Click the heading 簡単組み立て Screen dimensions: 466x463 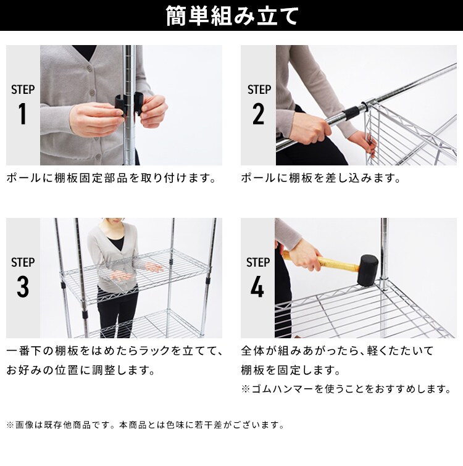pos(232,17)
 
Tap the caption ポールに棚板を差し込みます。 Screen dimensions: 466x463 pos(320,178)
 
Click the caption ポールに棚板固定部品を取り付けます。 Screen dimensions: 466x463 pos(111,178)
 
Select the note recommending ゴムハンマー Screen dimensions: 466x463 pos(346,389)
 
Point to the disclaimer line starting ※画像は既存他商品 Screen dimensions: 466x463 pos(146,425)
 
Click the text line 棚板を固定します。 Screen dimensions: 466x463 pos(291,371)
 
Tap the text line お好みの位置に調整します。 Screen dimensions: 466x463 pos(80,371)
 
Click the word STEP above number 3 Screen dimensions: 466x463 pos(23,262)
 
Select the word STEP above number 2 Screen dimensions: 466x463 pos(259,89)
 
